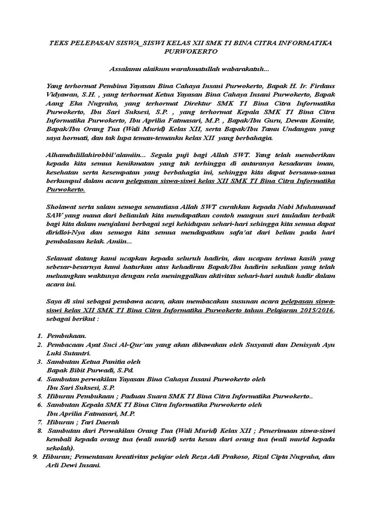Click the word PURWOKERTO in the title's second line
click(191, 51)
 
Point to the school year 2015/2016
click(316, 311)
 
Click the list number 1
click(39, 337)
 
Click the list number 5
click(39, 397)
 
